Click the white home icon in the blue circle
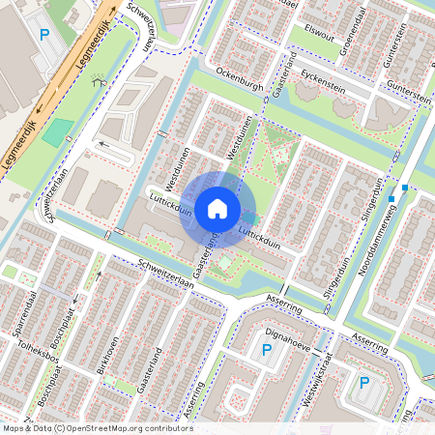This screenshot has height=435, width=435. [217, 208]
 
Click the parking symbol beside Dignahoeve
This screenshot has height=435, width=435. [267, 350]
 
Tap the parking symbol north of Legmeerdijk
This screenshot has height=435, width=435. [43, 35]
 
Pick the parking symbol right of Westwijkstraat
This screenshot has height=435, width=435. [364, 383]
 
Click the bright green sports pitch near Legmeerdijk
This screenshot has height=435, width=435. [57, 132]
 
